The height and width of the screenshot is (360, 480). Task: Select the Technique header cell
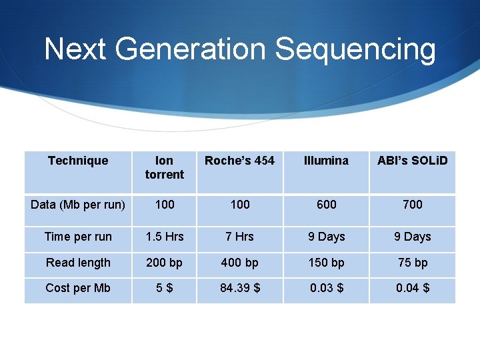point(78,161)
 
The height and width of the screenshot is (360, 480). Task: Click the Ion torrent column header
point(164,167)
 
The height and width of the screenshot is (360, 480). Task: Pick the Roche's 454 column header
point(239,161)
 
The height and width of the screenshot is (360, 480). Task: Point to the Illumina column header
point(326,161)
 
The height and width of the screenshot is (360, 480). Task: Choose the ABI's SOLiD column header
point(412,161)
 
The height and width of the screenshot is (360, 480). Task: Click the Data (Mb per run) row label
point(78,205)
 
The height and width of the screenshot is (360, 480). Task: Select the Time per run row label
point(78,237)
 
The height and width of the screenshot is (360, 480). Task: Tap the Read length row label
point(78,263)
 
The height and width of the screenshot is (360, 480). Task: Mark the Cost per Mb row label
point(78,288)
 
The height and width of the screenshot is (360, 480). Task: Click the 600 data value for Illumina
point(326,205)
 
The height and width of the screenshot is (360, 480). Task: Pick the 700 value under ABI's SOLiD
point(412,205)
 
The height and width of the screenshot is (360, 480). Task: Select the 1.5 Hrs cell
point(165,237)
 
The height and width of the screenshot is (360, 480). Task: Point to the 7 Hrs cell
point(240,237)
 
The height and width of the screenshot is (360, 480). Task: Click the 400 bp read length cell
point(240,263)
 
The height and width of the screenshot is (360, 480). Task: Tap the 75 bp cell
point(412,263)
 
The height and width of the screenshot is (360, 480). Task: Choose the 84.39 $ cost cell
point(240,288)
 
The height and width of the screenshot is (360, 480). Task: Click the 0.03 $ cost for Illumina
point(326,288)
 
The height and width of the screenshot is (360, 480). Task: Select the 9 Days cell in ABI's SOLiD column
point(412,237)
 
